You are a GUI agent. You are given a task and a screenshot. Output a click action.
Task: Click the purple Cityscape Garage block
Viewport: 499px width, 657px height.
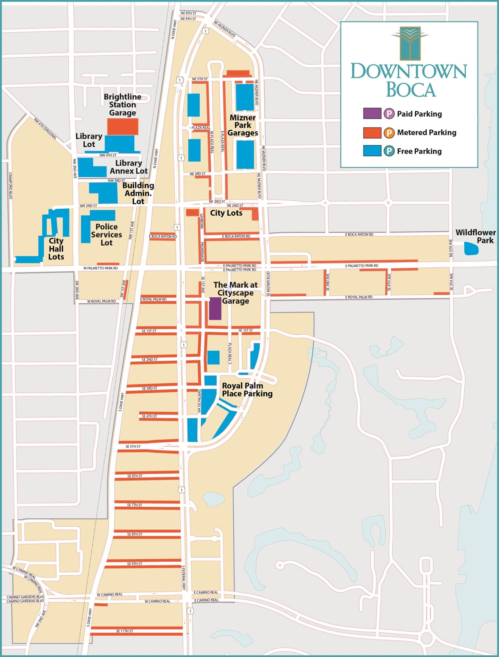coord(215,308)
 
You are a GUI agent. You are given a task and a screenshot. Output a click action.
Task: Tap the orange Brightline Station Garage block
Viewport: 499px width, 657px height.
coord(122,127)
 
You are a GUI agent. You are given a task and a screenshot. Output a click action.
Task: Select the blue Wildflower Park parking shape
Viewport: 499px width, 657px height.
coord(471,248)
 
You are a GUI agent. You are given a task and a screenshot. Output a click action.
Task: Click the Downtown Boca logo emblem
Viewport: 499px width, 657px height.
coord(410,43)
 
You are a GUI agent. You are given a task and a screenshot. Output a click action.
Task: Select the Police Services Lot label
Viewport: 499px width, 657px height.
coord(106,235)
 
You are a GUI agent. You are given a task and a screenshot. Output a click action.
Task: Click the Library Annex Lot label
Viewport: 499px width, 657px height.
coord(129,167)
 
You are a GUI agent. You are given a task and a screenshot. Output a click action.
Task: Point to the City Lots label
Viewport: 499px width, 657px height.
coord(226,213)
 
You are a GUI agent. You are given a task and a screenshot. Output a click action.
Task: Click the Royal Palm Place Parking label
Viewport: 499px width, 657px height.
coord(247,390)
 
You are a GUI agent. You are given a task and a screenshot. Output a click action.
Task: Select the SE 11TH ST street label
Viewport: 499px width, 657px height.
coord(125,631)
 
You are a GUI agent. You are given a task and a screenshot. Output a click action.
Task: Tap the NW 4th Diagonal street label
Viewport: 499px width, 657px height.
coord(45,129)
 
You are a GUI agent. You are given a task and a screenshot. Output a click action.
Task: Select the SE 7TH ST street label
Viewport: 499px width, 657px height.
coord(134,505)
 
